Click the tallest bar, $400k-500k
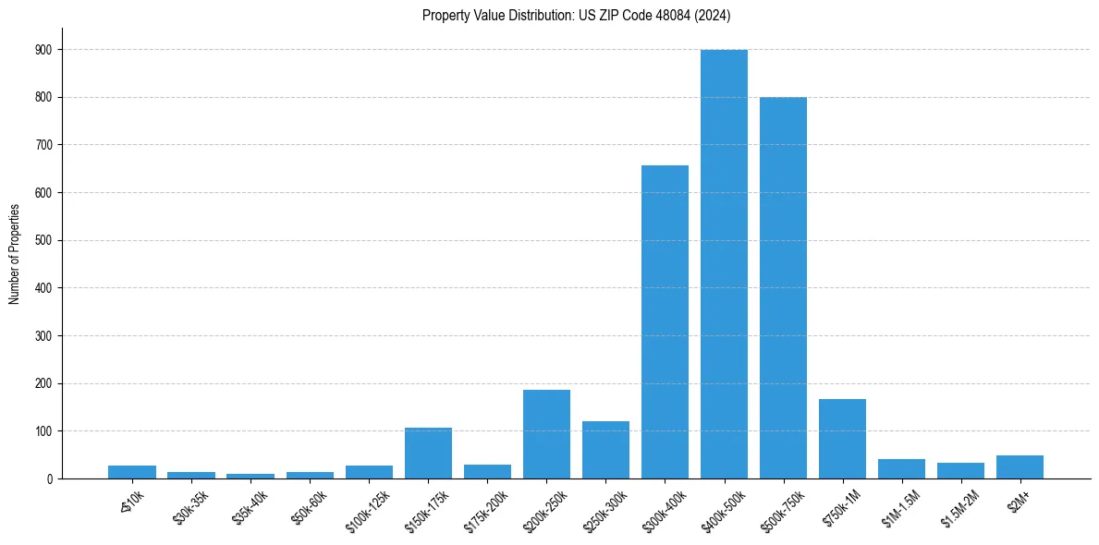click(724, 264)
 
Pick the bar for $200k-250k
click(546, 434)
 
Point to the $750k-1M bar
click(842, 439)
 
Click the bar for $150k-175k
click(428, 454)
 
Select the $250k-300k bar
click(605, 450)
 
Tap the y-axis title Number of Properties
click(15, 253)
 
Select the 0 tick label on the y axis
click(48, 478)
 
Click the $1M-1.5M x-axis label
click(898, 506)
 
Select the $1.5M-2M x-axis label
click(958, 506)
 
